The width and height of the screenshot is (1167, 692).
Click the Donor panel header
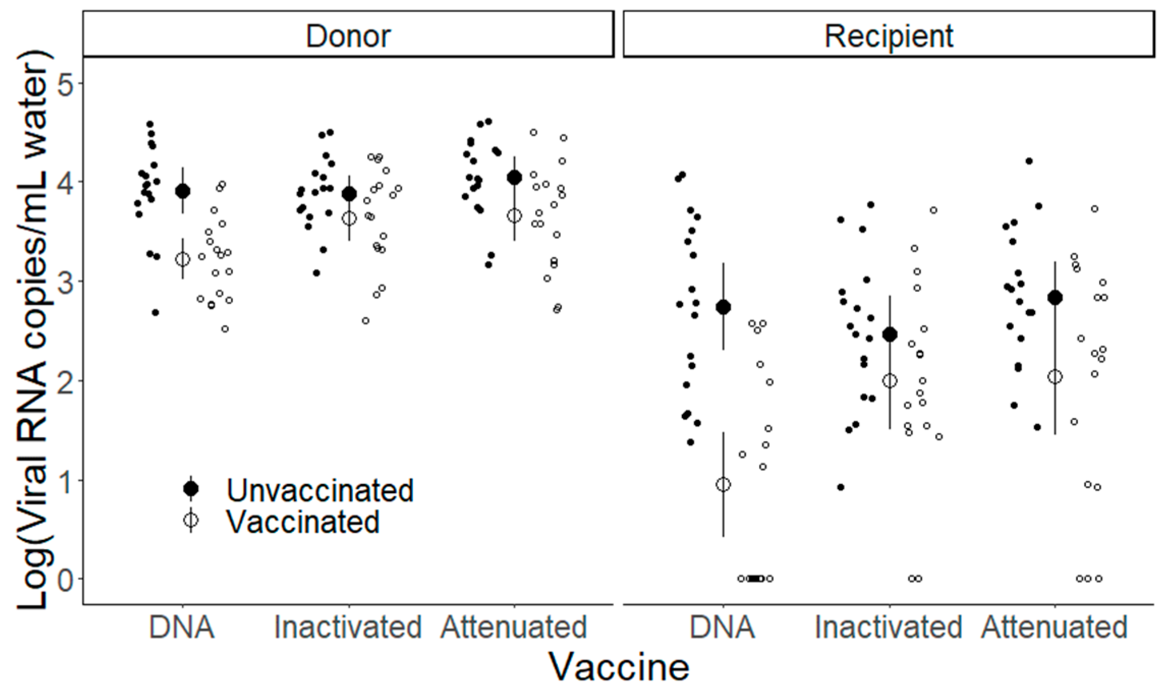(348, 36)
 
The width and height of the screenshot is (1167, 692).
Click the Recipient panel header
(889, 36)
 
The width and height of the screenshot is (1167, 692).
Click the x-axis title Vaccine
(619, 666)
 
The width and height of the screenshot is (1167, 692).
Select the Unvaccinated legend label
(320, 490)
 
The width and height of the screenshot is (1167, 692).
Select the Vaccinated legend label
(303, 521)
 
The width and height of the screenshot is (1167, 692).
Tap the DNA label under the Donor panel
(182, 627)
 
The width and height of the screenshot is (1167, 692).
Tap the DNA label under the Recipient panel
(723, 627)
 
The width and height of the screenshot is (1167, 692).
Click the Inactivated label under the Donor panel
(348, 627)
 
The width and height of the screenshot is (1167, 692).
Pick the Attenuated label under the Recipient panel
(1055, 627)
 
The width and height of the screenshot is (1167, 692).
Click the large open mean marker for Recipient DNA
(723, 485)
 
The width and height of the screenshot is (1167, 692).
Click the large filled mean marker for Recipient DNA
(723, 307)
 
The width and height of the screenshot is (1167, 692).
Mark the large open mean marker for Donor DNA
(183, 259)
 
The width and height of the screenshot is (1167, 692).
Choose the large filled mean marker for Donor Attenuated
(515, 177)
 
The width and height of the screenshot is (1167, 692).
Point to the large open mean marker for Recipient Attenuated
(1055, 377)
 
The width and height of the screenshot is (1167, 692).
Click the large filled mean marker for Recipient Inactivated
(890, 335)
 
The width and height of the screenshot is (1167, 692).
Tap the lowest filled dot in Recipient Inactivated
(841, 487)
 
